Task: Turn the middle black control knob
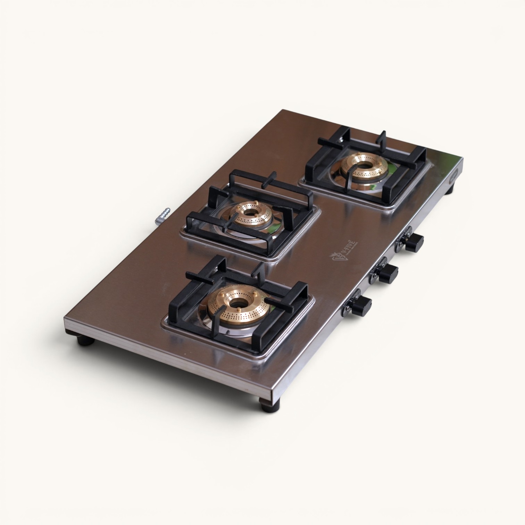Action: point(388,273)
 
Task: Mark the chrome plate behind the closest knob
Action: point(352,301)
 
